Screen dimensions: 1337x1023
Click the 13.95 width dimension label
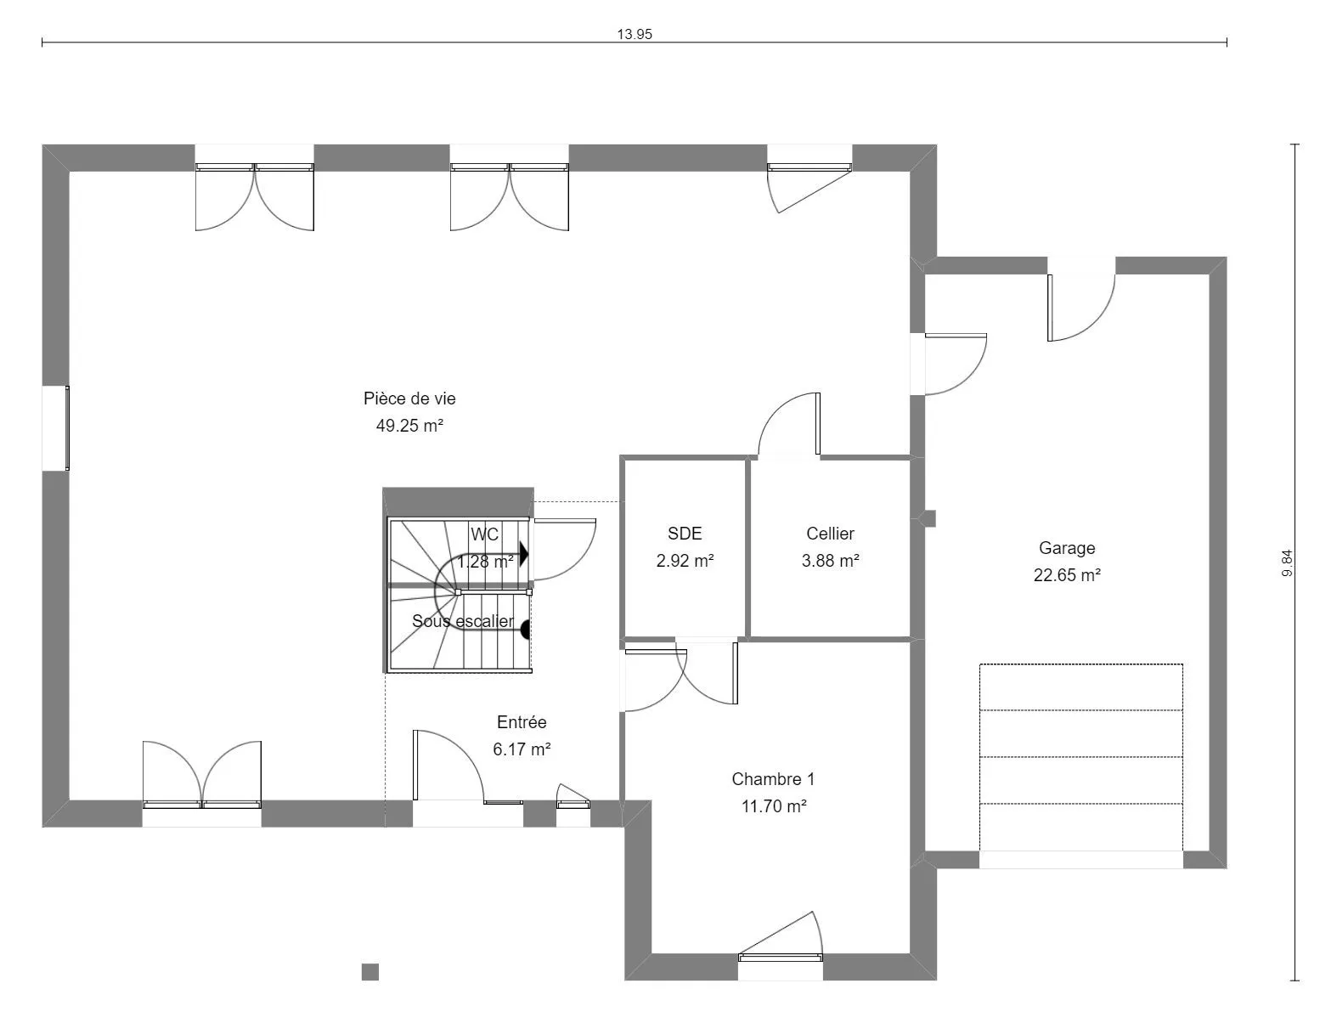(634, 34)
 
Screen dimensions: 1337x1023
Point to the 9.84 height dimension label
(1286, 563)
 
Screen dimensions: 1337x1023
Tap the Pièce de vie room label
(409, 398)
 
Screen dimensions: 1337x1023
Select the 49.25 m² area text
(409, 426)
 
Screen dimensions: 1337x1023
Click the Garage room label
(1067, 548)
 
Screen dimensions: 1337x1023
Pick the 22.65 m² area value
(1067, 574)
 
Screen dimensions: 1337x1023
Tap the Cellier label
(830, 533)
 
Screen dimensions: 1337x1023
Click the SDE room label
(685, 533)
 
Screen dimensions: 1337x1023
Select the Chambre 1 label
(773, 778)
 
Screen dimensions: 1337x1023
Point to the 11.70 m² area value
(774, 805)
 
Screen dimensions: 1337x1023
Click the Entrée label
(522, 722)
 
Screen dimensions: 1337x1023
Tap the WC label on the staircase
(484, 534)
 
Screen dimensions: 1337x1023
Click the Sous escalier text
(462, 621)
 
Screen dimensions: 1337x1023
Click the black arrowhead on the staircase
(524, 555)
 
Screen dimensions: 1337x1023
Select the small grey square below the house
(370, 971)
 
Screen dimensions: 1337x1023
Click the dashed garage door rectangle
(1080, 757)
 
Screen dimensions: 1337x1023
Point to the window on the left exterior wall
(67, 427)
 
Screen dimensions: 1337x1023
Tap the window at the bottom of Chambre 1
(781, 958)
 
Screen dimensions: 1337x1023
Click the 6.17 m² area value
(522, 749)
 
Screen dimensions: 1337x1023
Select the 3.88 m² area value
(830, 560)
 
